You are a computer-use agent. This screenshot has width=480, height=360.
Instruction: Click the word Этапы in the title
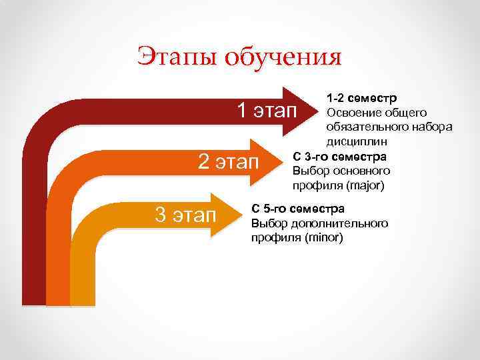coord(176,57)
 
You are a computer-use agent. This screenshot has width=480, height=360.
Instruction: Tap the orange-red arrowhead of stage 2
coord(271,161)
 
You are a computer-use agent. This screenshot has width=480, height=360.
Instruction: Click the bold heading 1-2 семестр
coord(361,99)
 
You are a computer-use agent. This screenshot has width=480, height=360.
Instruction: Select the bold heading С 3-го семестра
coord(339,157)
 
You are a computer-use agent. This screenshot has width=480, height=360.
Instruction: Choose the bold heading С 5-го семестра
coord(297,209)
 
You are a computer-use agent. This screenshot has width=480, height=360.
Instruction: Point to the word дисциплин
coord(356,141)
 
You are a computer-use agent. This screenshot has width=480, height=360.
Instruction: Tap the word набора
coord(433,127)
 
